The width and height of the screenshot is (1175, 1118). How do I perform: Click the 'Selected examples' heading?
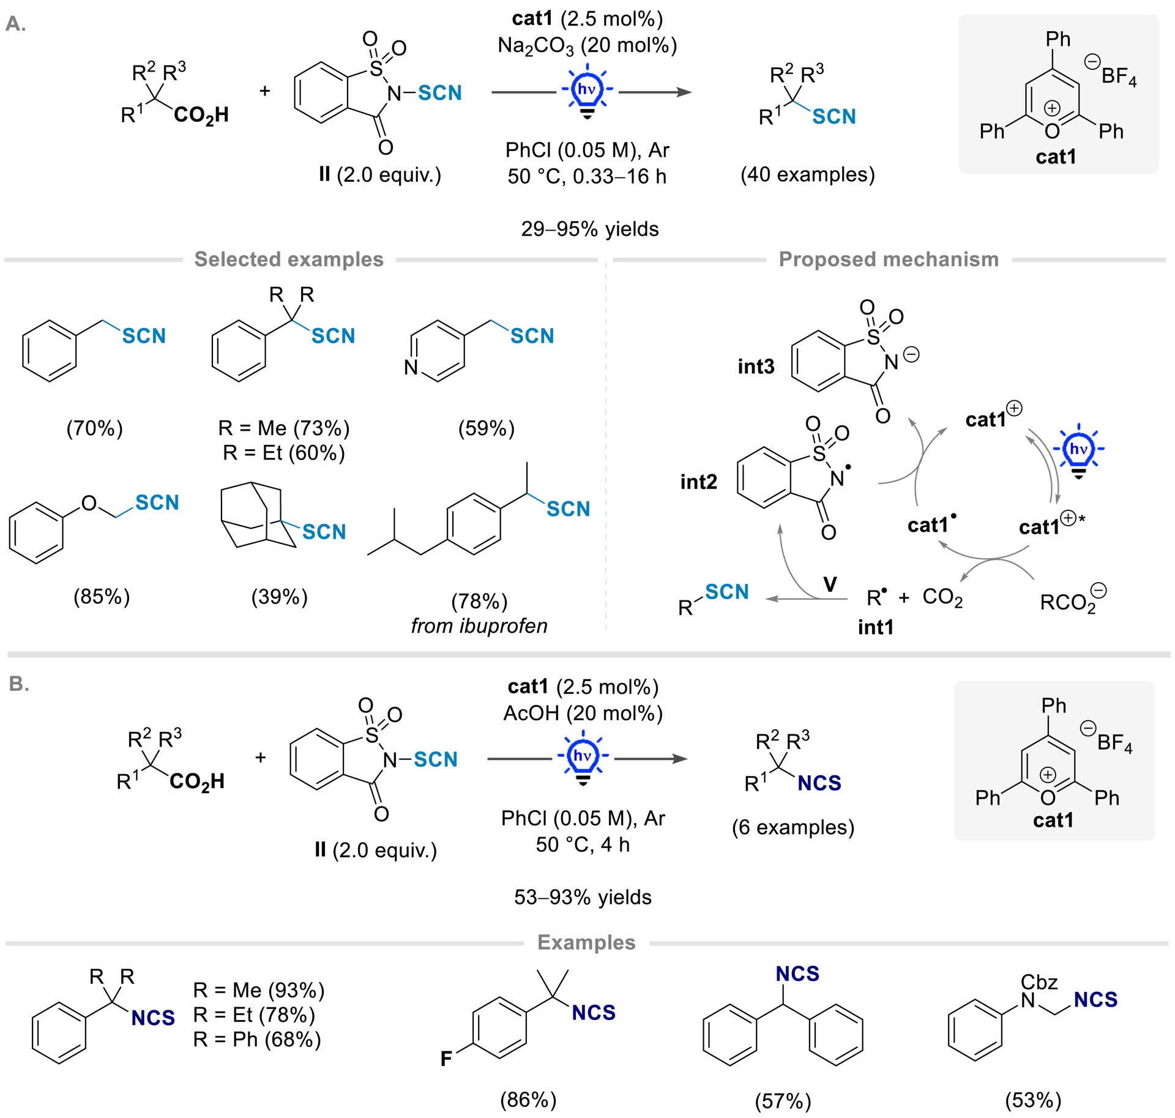(289, 259)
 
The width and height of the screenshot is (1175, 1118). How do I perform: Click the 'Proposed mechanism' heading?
(888, 259)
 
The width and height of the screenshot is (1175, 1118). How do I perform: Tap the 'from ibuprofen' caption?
(479, 626)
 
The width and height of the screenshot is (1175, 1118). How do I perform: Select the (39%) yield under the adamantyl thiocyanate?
(279, 597)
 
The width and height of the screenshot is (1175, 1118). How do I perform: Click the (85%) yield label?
(102, 597)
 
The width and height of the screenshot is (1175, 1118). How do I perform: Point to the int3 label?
(756, 367)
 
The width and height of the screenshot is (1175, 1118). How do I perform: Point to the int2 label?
(698, 482)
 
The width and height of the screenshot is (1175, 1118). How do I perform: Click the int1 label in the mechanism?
(875, 627)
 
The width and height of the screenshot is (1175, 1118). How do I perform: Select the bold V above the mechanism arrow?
(830, 584)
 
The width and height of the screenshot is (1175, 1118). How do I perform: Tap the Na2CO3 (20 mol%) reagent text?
(587, 46)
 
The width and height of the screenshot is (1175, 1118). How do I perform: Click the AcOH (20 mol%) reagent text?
(583, 713)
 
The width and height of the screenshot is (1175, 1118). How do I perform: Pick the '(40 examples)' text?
(807, 175)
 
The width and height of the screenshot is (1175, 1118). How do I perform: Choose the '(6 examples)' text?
(793, 827)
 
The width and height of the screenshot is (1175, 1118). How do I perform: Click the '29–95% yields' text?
(589, 229)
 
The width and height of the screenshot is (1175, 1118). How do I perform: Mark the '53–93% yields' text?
(583, 897)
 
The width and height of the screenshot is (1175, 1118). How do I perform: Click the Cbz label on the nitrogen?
(1039, 982)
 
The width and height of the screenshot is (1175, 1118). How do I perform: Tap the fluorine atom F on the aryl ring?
(446, 1059)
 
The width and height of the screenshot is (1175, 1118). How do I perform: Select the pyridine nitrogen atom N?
(411, 367)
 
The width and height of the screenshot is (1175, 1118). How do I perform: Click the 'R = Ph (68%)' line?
(257, 1040)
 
